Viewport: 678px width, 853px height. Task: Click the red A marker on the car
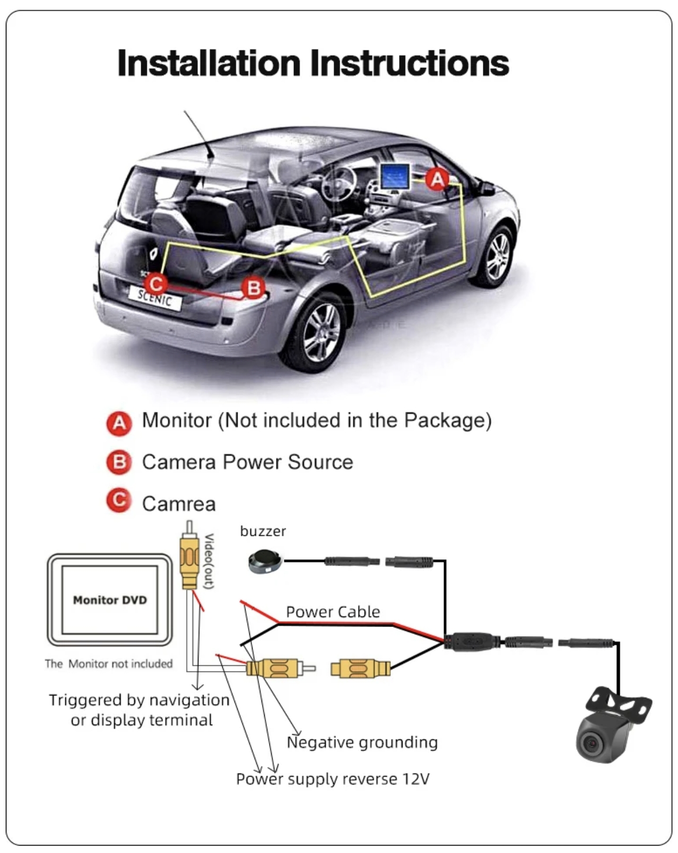[437, 179]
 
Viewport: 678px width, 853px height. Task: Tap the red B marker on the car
[254, 288]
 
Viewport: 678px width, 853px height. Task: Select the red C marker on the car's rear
[156, 284]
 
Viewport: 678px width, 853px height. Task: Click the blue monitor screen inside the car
[395, 177]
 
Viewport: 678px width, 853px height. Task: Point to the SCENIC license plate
[155, 297]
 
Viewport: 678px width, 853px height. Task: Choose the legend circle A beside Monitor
[119, 423]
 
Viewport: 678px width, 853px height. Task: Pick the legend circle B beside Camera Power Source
[119, 462]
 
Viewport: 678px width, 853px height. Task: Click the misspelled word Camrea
[179, 504]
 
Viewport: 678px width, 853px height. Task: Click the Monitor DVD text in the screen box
[110, 600]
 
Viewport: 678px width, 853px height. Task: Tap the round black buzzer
[265, 561]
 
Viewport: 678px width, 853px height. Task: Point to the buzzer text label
[263, 531]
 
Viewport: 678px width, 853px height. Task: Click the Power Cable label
[333, 612]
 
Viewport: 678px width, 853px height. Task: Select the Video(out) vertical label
[209, 561]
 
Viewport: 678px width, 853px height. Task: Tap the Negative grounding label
[362, 743]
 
